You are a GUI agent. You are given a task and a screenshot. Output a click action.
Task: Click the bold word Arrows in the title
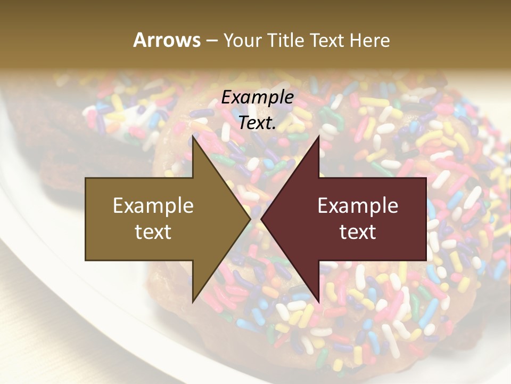167,40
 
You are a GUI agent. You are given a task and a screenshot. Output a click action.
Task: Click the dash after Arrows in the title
211,41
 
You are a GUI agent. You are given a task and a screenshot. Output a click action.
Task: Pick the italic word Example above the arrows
257,97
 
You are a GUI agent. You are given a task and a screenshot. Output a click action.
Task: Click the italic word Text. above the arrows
257,123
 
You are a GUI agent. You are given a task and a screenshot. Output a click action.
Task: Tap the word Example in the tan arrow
153,205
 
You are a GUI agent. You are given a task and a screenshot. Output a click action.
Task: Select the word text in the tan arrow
153,231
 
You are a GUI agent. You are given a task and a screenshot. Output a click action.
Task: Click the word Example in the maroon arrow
358,205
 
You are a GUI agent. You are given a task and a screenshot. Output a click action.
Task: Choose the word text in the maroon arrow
358,231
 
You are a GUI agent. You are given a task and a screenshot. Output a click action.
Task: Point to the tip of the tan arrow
250,219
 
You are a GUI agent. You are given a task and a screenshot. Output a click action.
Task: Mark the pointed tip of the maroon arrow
261,219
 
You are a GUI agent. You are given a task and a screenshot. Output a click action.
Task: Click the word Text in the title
327,40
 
